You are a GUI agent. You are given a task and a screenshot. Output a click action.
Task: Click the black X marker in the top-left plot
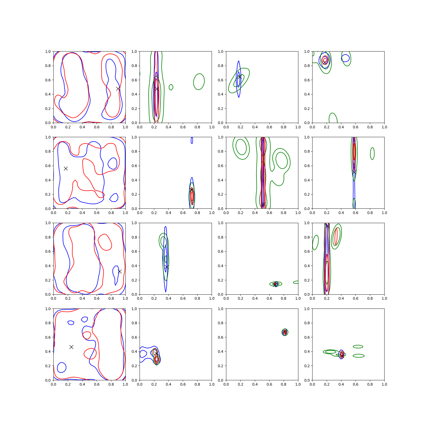118,89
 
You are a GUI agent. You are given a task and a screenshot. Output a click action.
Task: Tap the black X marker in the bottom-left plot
71,347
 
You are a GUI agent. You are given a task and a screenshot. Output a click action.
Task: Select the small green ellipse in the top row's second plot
171,87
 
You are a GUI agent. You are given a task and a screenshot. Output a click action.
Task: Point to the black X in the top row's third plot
240,77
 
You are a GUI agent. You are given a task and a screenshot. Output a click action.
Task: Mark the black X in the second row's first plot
66,168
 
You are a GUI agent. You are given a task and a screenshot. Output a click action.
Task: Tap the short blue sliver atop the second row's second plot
192,140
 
